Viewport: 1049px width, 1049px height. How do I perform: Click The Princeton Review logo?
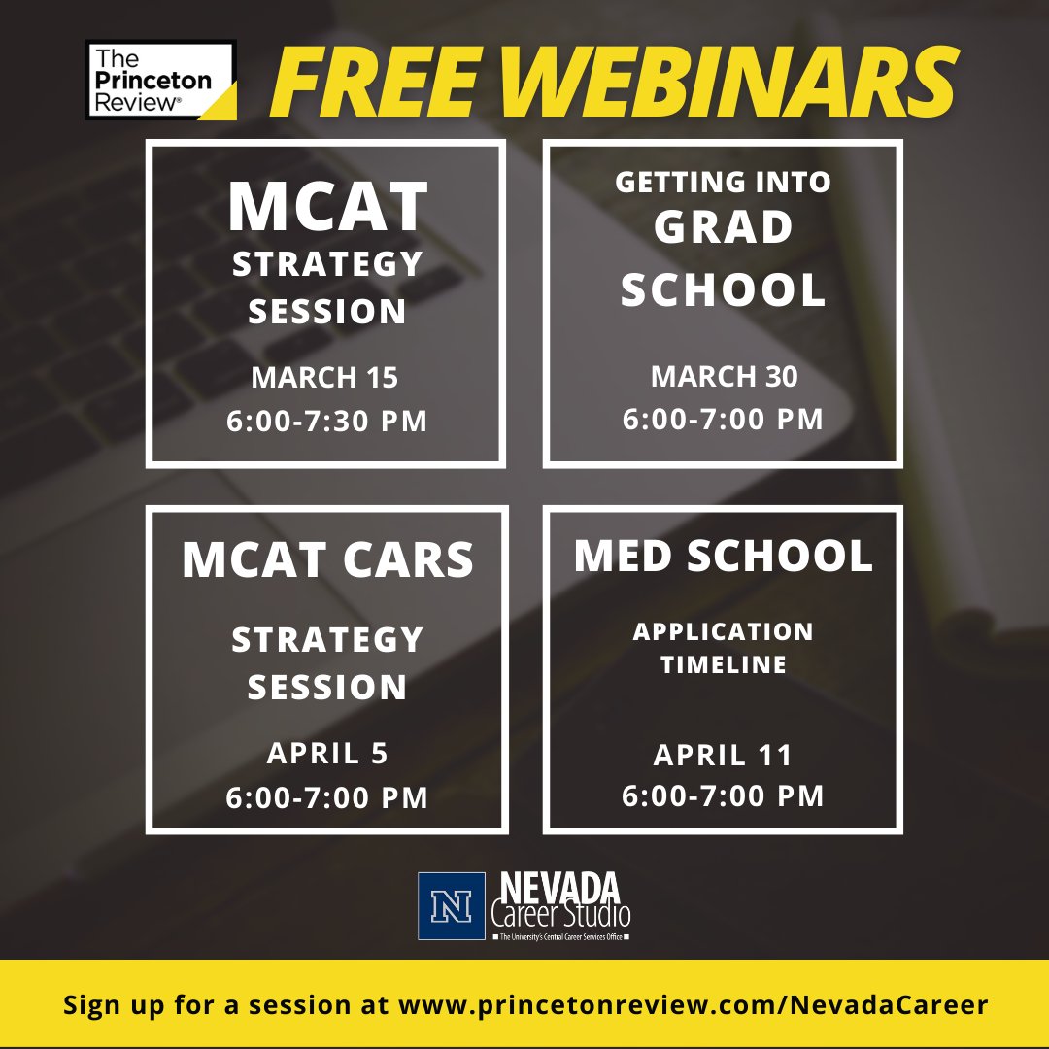click(x=160, y=81)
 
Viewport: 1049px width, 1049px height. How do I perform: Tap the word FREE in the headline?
click(x=374, y=83)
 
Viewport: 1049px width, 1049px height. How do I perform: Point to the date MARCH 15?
click(x=325, y=377)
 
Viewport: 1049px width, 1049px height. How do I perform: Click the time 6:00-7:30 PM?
click(x=326, y=423)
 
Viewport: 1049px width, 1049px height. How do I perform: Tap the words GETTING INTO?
click(x=724, y=182)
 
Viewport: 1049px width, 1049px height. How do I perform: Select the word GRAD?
click(x=724, y=229)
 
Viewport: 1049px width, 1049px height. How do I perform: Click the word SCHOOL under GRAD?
click(x=724, y=289)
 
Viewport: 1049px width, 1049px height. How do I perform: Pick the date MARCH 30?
click(x=724, y=376)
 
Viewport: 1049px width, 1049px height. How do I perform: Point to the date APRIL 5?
click(x=326, y=755)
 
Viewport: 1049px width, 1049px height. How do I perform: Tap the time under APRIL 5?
click(x=326, y=798)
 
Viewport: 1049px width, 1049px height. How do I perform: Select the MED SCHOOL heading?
click(x=724, y=556)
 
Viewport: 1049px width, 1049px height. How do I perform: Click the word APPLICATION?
click(x=724, y=632)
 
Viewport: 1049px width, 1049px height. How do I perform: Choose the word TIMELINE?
click(x=724, y=665)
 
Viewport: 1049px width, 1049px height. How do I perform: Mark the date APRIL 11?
click(x=724, y=755)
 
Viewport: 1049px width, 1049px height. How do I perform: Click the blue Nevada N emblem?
click(x=451, y=906)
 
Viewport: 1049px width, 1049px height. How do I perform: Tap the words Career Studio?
click(x=560, y=915)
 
